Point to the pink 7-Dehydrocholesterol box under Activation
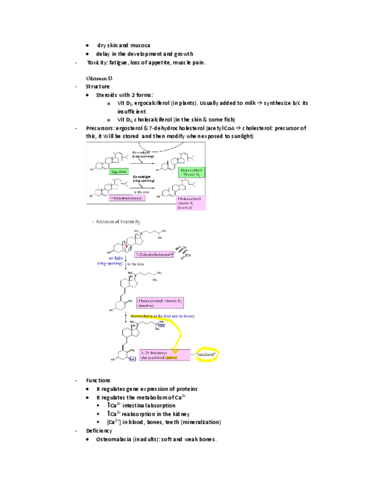pyautogui.click(x=154, y=253)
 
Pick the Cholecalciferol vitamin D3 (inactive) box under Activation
pyautogui.click(x=160, y=302)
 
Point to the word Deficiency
pyautogui.click(x=99, y=430)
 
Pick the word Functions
pyautogui.click(x=98, y=380)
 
